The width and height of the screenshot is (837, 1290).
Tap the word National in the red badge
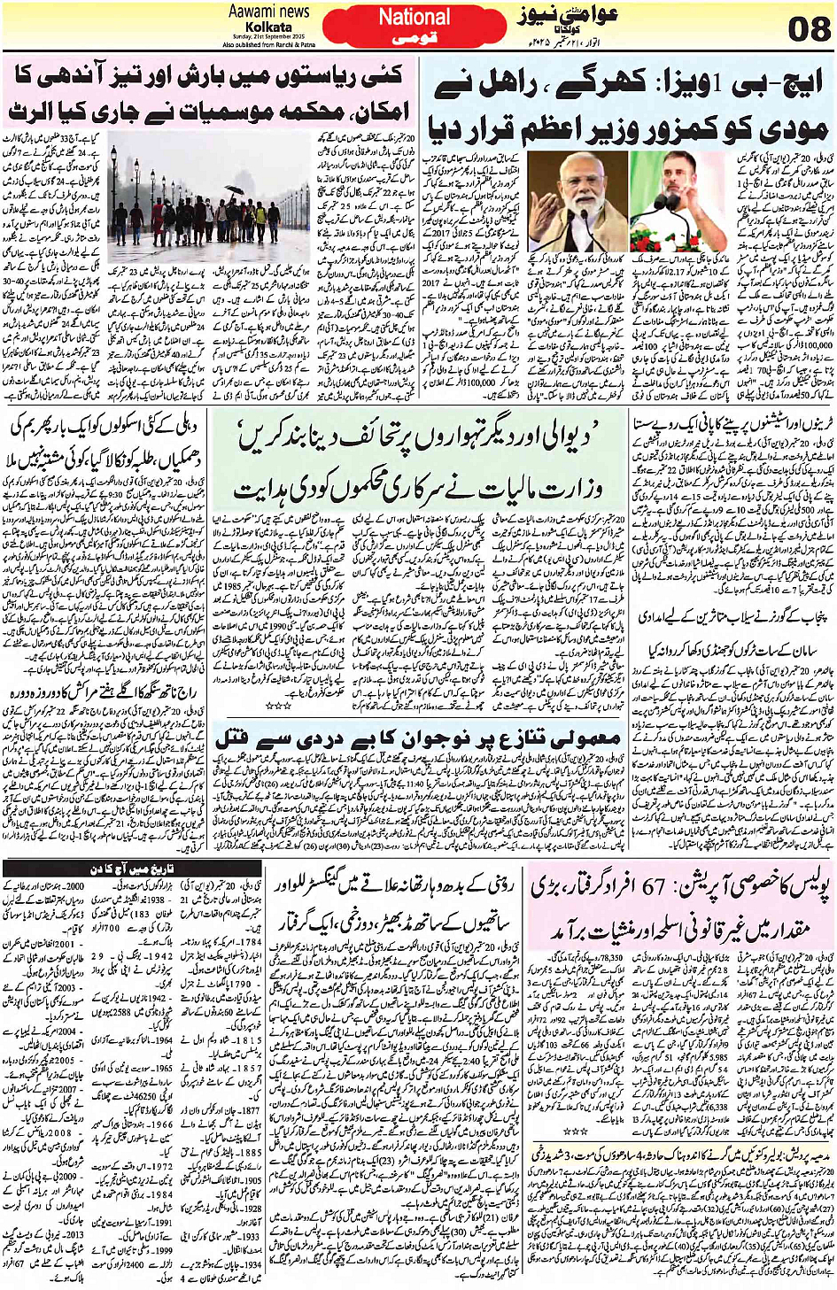415,17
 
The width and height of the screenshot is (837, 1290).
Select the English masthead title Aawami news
269,12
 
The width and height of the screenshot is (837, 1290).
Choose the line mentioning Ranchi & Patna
268,43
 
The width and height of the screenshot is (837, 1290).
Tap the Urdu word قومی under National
415,40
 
